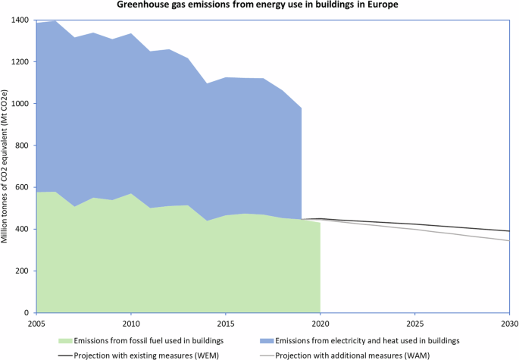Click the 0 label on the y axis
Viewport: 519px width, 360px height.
tap(26, 312)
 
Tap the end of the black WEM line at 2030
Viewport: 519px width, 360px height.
tap(508, 231)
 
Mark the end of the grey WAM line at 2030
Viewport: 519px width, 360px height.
tap(508, 241)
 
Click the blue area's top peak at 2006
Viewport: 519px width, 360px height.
tap(55, 21)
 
